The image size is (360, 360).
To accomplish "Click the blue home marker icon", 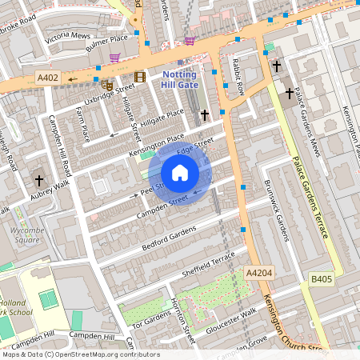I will pyautogui.click(x=180, y=173).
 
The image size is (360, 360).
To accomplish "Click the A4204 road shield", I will pyautogui.click(x=259, y=274).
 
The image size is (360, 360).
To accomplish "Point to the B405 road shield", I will pyautogui.click(x=322, y=278).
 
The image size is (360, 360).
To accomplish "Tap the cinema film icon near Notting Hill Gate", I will pyautogui.click(x=141, y=77).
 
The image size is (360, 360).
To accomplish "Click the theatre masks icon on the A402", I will pyautogui.click(x=107, y=84).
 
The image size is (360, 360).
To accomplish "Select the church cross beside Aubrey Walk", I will pyautogui.click(x=39, y=180).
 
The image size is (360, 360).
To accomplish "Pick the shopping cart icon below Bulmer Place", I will pyautogui.click(x=114, y=58).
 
